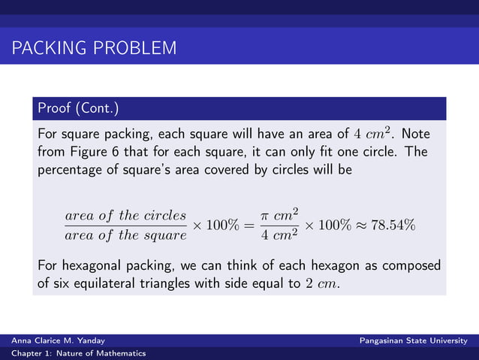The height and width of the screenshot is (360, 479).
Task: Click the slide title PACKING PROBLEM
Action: click(x=94, y=50)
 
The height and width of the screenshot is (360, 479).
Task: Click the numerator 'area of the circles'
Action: click(x=125, y=216)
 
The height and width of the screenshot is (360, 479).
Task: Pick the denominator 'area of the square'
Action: click(x=125, y=235)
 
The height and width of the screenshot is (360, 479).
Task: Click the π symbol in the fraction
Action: click(x=264, y=216)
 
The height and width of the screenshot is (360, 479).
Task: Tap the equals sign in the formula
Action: click(x=247, y=225)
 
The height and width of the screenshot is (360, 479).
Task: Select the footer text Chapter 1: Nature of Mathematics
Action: click(x=78, y=353)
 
